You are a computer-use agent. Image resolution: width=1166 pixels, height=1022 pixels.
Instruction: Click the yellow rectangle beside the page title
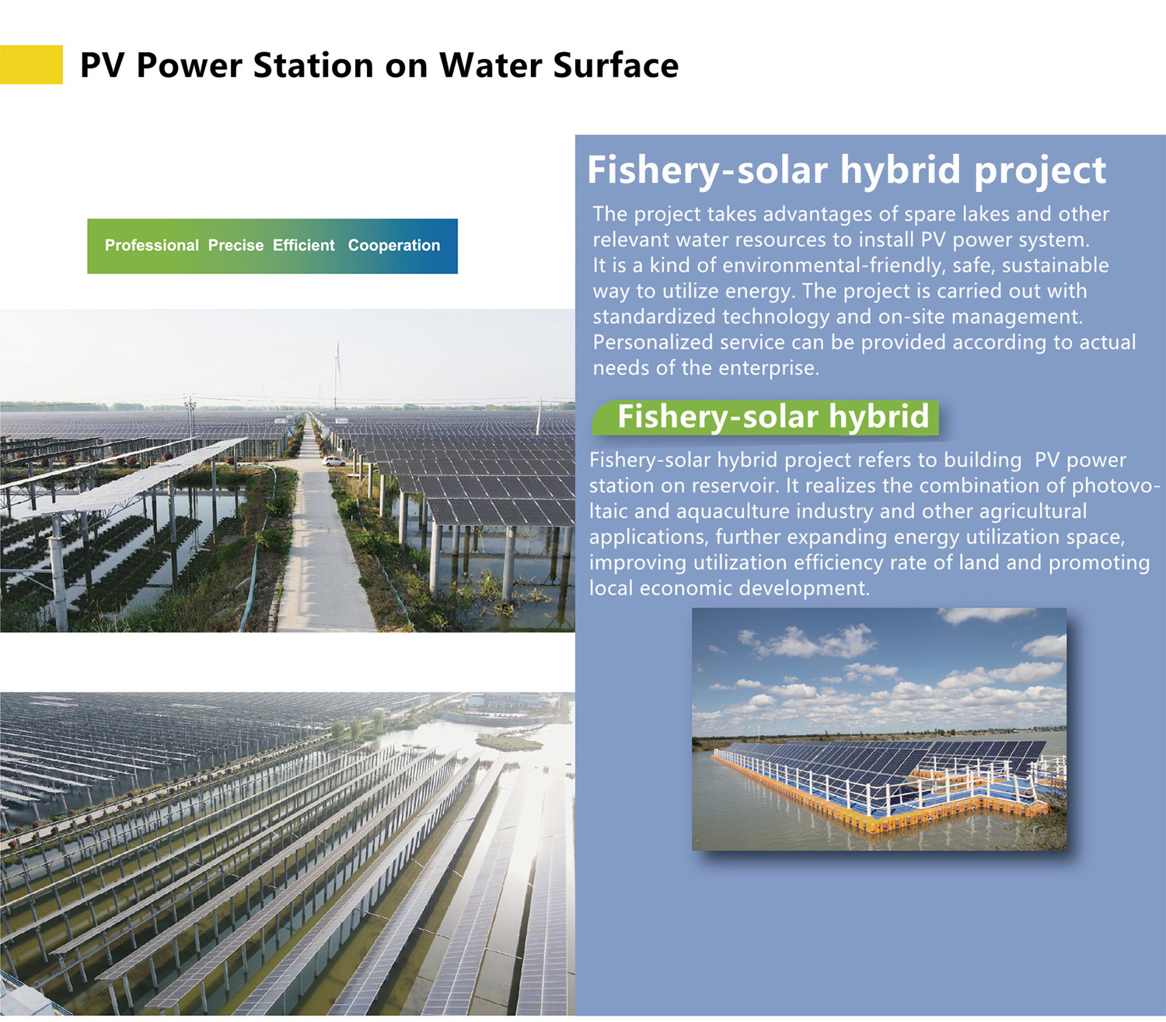tap(31, 65)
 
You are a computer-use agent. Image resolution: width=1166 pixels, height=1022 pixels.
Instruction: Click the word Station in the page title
tap(314, 65)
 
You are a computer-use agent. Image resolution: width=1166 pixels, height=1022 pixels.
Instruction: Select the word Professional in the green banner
tap(152, 245)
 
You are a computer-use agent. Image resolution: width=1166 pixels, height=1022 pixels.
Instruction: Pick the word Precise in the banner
tap(236, 245)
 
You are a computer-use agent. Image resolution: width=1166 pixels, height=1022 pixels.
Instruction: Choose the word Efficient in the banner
tap(303, 245)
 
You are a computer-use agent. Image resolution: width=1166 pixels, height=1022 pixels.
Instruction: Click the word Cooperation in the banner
tap(393, 245)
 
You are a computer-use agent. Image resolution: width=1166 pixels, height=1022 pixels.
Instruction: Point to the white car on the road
tap(333, 460)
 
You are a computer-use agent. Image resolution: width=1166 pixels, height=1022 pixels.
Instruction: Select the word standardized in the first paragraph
tap(654, 316)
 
